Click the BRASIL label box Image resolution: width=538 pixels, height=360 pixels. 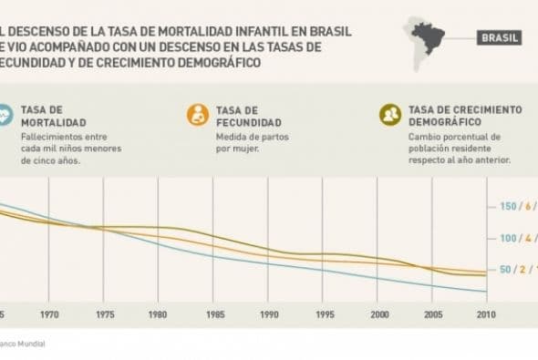500,38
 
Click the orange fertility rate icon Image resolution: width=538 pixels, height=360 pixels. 197,115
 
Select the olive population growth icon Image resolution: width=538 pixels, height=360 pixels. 390,115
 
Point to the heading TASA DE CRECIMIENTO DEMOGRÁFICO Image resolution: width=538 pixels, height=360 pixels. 464,115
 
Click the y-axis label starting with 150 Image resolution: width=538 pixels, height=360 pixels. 516,207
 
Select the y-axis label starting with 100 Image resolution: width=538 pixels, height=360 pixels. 516,239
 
